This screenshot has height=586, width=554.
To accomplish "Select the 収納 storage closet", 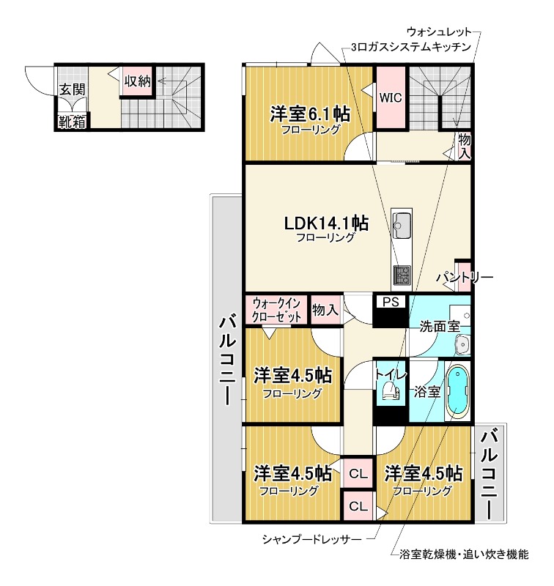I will pyautogui.click(x=137, y=81).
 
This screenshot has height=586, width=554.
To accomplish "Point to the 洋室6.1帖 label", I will pyautogui.click(x=309, y=114).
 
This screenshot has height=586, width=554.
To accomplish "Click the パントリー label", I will pyautogui.click(x=465, y=278).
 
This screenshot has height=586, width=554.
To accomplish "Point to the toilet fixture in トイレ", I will pyautogui.click(x=391, y=393).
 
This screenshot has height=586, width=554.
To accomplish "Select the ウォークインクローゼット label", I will pyautogui.click(x=276, y=310).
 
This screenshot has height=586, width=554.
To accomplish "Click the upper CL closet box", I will pyautogui.click(x=358, y=473).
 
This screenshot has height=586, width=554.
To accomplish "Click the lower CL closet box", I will pyautogui.click(x=358, y=505).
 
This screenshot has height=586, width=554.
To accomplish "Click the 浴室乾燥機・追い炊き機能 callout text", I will pyautogui.click(x=463, y=555).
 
